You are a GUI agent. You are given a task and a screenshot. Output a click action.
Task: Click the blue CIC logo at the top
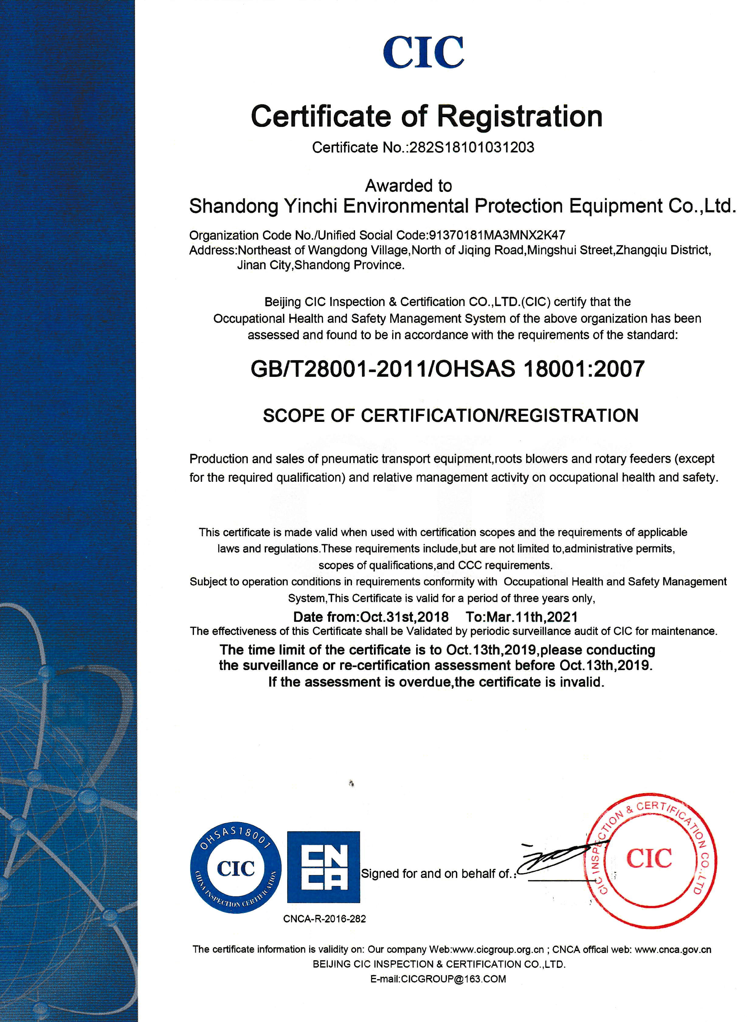(x=423, y=52)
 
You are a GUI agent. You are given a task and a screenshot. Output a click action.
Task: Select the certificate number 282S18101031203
(x=471, y=148)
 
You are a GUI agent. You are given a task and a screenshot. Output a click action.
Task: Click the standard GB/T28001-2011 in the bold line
(x=337, y=369)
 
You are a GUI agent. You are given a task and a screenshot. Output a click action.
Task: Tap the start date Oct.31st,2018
(x=403, y=617)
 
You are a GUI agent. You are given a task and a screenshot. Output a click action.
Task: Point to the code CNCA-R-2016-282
(x=324, y=919)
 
